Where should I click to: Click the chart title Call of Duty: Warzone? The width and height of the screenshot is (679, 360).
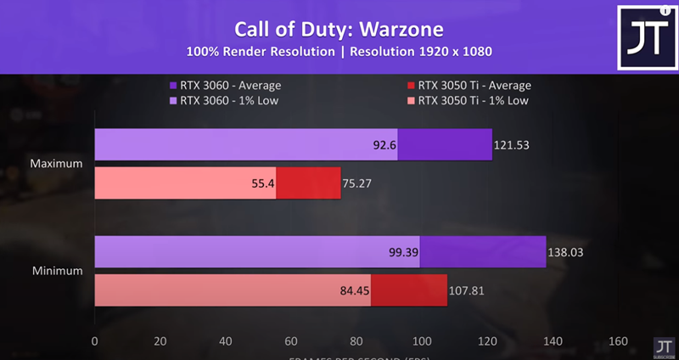(339, 30)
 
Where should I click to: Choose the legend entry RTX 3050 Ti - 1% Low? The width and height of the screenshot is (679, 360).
(472, 100)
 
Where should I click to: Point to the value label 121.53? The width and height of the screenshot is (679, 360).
(513, 145)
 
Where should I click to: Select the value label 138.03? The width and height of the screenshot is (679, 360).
(565, 252)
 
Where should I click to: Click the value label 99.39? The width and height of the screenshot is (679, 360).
(402, 252)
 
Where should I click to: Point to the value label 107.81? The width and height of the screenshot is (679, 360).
(469, 291)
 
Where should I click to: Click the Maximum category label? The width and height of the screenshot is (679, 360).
(55, 164)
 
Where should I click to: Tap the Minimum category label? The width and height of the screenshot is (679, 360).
(56, 271)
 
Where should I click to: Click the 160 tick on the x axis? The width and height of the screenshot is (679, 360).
(618, 341)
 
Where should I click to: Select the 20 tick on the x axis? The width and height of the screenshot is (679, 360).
(160, 341)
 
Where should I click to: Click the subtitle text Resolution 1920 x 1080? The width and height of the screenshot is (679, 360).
(422, 52)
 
